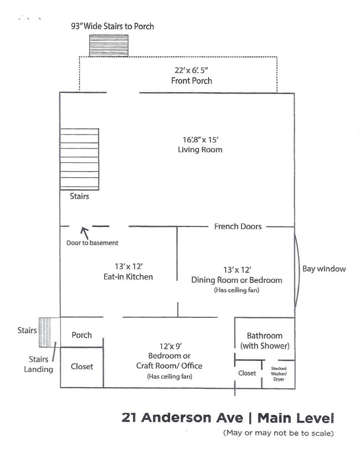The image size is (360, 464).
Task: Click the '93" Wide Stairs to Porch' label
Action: point(112,26)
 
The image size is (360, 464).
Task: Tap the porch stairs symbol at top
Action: point(109,46)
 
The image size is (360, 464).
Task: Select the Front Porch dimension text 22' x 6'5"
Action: point(191,70)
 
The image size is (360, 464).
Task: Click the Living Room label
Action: point(200,149)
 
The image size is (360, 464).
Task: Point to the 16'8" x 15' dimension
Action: point(200,140)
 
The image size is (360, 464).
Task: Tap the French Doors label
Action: point(238,226)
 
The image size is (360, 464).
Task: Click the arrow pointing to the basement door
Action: point(85,232)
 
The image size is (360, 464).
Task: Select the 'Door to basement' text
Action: point(92,243)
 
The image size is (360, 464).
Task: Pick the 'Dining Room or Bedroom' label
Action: point(236,280)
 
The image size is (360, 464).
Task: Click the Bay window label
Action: point(324,269)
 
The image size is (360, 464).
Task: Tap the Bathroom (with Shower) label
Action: point(265,341)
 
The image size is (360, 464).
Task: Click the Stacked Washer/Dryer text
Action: point(279,373)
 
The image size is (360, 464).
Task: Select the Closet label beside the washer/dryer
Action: point(247,373)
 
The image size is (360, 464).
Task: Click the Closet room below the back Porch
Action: point(82,367)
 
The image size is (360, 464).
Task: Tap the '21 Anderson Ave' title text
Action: point(183,417)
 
